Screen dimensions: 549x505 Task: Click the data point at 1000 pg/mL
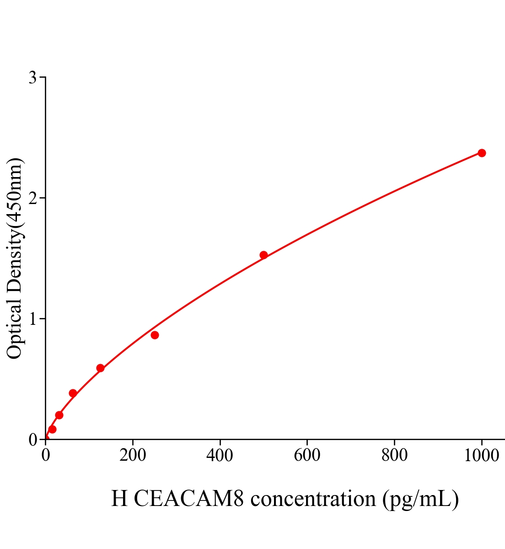481,153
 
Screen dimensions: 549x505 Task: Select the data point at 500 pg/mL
263,255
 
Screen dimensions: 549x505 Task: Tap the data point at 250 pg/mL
155,335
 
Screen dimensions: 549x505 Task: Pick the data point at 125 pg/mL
100,368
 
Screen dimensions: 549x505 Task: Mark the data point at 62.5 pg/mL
73,393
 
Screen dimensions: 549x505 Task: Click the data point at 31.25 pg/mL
59,415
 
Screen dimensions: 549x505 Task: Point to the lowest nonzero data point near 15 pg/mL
52,429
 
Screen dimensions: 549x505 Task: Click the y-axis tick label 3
32,78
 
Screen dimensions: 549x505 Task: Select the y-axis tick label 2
32,198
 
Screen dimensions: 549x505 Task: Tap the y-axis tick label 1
32,319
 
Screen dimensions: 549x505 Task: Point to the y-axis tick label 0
32,440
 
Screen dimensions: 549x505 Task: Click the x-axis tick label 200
133,456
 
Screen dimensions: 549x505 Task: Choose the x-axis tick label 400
220,456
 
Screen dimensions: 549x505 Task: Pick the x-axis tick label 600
307,456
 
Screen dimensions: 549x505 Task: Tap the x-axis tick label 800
394,456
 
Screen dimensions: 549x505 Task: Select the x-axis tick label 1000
481,456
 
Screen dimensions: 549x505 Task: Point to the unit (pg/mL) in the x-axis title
420,499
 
